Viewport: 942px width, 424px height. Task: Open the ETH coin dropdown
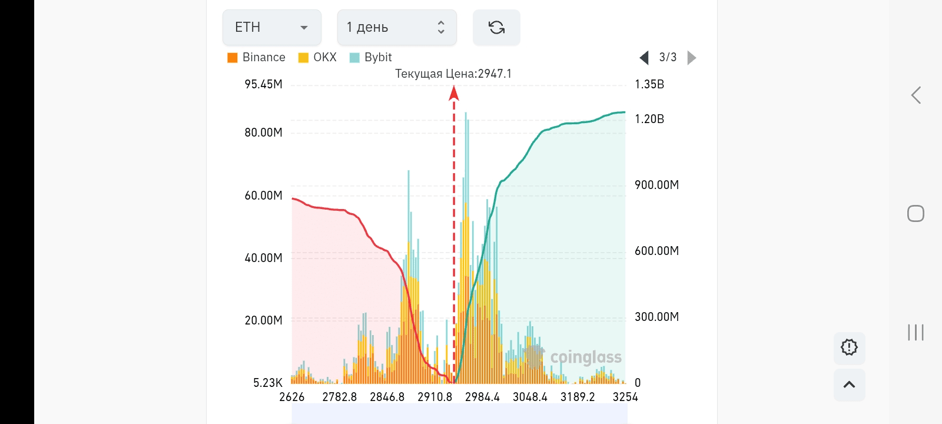[x=271, y=27]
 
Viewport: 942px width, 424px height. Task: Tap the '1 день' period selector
[x=396, y=27]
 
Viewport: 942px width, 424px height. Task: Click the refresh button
[x=496, y=27]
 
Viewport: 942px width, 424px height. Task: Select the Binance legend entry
[x=257, y=57]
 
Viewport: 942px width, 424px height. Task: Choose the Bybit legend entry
[x=371, y=57]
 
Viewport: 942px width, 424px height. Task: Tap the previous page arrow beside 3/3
[x=644, y=57]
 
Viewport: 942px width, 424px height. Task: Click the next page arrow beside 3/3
[x=692, y=57]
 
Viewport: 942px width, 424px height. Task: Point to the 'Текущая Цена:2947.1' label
[x=453, y=74]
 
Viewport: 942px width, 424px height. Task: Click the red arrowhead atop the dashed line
[x=453, y=92]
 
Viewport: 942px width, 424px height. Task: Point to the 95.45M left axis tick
[x=263, y=84]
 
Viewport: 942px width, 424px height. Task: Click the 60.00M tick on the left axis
[x=263, y=196]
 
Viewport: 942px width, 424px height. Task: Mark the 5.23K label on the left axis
[x=268, y=383]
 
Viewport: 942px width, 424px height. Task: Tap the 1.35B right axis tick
[x=649, y=84]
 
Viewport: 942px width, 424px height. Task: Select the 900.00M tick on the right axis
[x=656, y=185]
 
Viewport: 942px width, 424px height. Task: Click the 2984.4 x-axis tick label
[x=482, y=397]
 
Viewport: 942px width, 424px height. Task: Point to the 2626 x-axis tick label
[x=292, y=397]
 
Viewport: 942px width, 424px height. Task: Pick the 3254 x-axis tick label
[x=625, y=397]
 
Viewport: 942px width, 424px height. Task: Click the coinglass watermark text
[x=585, y=357]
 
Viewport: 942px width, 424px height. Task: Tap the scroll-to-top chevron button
[x=849, y=385]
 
